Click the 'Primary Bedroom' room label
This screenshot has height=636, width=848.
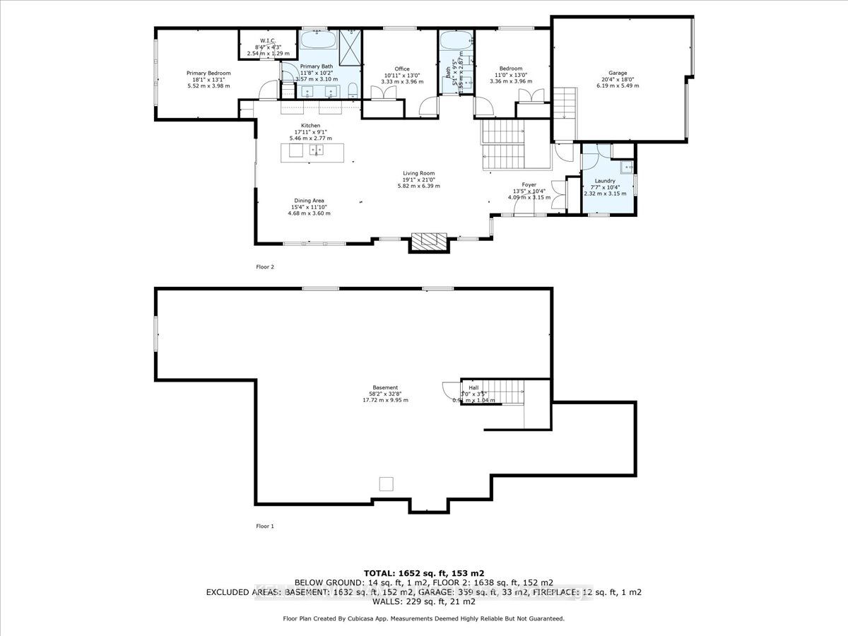208,73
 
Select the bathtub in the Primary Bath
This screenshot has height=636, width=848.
318,39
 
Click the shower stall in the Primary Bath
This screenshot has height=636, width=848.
349,47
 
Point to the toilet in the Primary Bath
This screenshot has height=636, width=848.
353,90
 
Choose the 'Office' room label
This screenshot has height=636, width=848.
402,69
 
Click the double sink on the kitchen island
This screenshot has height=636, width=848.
319,151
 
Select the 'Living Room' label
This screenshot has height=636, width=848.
418,173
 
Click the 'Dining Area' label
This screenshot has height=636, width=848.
309,201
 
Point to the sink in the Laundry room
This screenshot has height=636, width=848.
624,167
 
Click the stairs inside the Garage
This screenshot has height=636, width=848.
565,104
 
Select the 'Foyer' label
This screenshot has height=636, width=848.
529,184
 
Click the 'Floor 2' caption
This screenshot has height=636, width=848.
264,267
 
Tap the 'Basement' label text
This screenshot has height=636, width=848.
385,387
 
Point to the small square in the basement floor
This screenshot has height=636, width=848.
386,483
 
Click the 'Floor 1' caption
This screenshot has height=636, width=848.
264,526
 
